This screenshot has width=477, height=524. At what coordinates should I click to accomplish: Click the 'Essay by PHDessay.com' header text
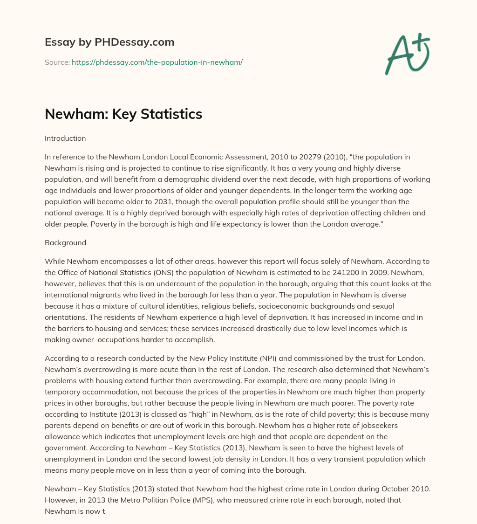tap(109, 42)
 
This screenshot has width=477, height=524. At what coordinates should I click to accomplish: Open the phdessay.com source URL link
tap(157, 62)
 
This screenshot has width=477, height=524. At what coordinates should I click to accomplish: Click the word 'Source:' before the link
tap(57, 62)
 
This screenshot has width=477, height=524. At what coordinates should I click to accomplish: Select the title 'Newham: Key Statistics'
tap(123, 114)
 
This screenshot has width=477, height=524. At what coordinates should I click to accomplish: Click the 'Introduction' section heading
tap(65, 138)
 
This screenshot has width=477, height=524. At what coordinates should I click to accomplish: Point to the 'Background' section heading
tap(65, 243)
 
